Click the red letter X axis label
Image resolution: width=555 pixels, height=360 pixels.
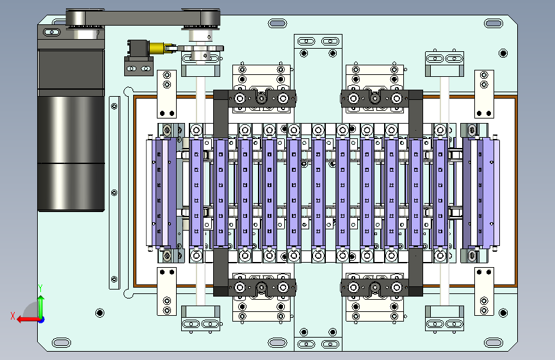13,316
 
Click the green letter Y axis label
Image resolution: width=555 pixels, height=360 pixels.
40,288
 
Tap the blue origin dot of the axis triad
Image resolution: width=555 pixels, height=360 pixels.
42,320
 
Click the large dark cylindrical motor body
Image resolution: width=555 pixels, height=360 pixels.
71,153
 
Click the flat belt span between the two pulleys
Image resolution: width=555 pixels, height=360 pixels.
143,18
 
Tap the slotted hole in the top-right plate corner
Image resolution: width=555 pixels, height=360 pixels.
494,24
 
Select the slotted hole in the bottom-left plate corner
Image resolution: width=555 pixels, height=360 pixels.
61,343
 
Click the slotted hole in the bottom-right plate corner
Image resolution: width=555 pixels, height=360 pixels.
494,343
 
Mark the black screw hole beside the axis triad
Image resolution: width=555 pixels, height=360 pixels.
100,313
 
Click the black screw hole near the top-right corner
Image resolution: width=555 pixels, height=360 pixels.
503,53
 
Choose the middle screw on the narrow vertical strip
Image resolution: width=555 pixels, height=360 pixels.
115,193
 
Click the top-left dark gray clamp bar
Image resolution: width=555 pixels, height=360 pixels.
254,99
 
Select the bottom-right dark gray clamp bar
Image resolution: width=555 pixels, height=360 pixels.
382,288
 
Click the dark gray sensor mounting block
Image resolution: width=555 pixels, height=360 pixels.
138,58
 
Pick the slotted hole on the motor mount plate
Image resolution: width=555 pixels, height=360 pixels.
52,32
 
